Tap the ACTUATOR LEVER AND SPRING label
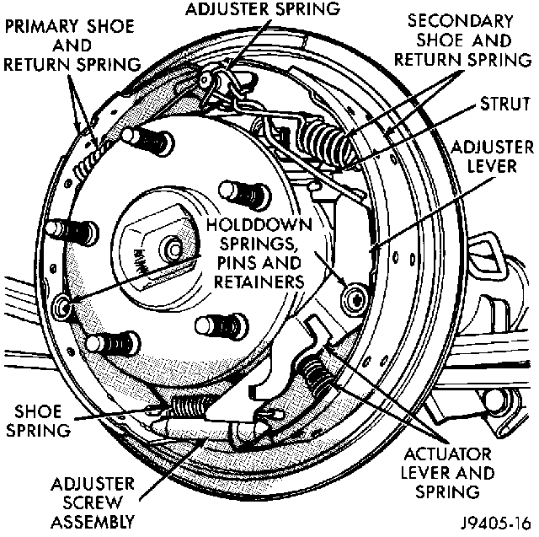[x=459, y=472]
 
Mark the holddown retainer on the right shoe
[x=355, y=296]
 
